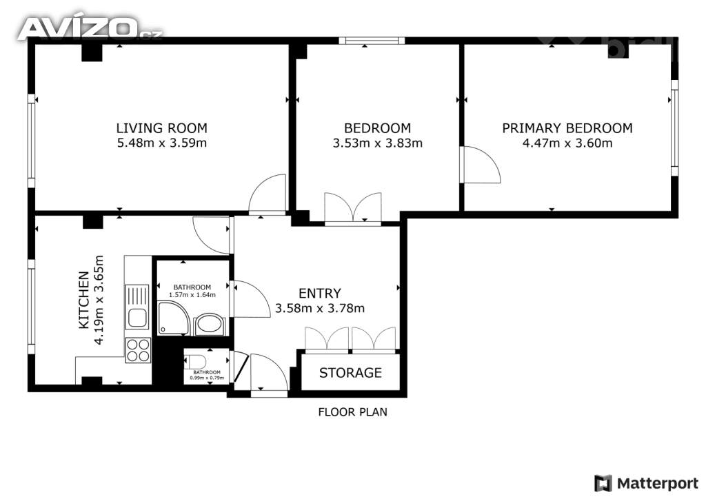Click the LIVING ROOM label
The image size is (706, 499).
161,128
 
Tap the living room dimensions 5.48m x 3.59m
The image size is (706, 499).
161,143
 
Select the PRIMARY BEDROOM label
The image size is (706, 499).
567,128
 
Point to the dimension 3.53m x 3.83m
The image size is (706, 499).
378,143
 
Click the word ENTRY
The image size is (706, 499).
320,294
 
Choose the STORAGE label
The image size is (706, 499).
350,373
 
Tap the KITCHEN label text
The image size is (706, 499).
83,300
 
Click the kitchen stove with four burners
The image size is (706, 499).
138,349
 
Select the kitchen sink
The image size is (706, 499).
137,307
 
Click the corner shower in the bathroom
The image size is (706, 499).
173,318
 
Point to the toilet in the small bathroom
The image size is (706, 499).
195,360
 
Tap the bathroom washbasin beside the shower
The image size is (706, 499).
210,325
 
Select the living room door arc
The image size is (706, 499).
268,192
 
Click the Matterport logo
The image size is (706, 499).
647,483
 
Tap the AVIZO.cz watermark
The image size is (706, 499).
90,28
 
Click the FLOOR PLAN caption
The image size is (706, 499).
352,411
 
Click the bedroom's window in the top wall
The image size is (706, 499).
372,41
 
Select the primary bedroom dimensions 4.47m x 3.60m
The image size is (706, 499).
567,143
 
